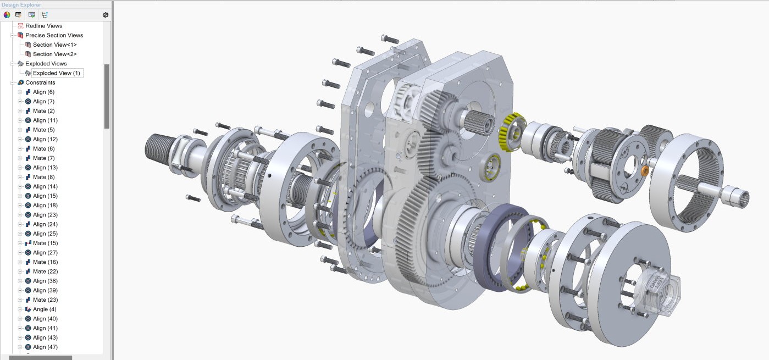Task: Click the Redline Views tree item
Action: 43,26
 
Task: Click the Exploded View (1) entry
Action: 56,73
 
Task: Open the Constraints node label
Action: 40,82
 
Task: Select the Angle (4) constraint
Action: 44,309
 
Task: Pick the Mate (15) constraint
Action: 45,243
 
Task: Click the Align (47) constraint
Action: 45,347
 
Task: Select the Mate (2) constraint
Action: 43,111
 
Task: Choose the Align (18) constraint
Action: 45,205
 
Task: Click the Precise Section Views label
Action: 54,35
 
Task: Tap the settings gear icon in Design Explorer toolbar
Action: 106,15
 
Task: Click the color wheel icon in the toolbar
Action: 7,15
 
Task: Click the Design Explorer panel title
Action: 21,5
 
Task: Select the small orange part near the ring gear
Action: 645,171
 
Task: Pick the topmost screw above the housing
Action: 390,39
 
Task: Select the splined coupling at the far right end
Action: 735,195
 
